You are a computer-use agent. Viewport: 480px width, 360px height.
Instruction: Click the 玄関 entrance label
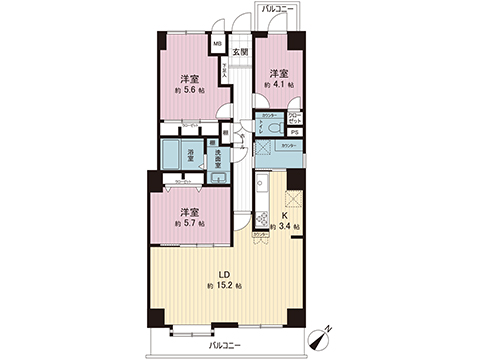[x=240, y=51]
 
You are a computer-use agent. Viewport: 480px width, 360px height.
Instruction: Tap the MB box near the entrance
[x=217, y=44]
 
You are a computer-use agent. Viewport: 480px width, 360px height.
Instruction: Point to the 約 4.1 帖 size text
[x=278, y=87]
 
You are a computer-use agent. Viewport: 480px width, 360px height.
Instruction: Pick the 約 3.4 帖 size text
[x=284, y=227]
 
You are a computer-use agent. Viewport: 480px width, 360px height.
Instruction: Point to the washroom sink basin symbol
[x=215, y=176]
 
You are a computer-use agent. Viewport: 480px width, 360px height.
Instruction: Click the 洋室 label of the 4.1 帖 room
[x=278, y=73]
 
